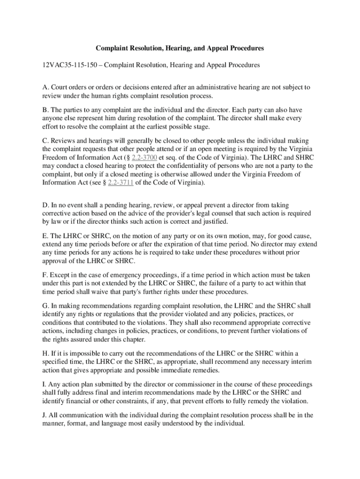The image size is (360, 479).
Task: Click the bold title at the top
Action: pyautogui.click(x=180, y=48)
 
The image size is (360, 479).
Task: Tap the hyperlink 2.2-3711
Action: pyautogui.click(x=121, y=183)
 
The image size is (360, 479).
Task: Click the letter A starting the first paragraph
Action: pyautogui.click(x=45, y=87)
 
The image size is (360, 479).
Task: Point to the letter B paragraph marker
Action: pyautogui.click(x=45, y=110)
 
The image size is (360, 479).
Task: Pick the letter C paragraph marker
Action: pyautogui.click(x=45, y=141)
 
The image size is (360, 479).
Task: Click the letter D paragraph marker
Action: pyautogui.click(x=45, y=205)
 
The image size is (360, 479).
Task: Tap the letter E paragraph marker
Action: pyautogui.click(x=45, y=236)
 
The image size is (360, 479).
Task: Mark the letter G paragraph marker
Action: pyautogui.click(x=45, y=306)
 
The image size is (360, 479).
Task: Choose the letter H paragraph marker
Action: pyautogui.click(x=45, y=353)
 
